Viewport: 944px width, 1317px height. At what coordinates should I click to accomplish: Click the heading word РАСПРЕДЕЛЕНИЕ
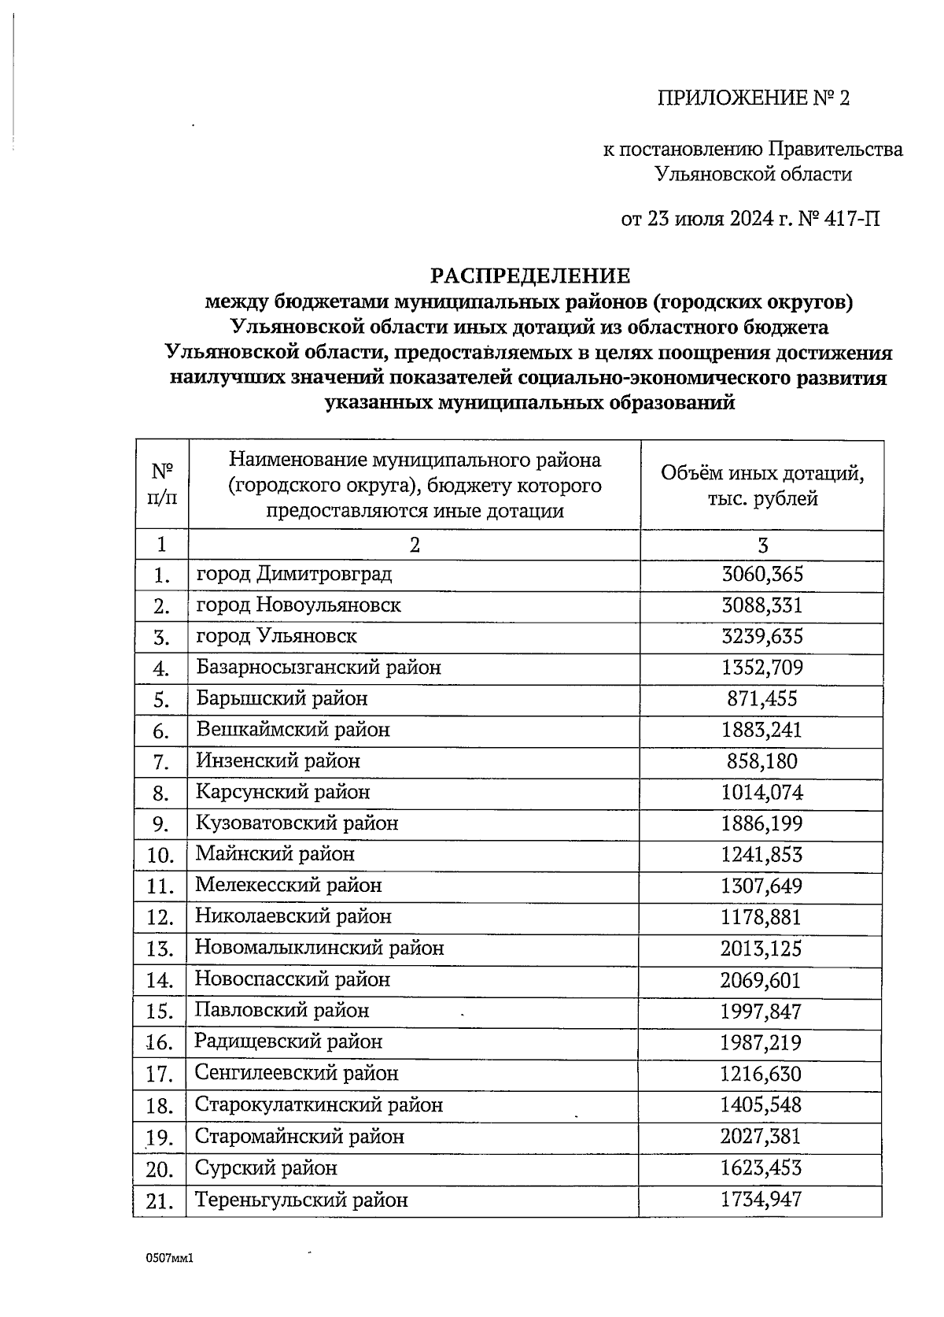(529, 276)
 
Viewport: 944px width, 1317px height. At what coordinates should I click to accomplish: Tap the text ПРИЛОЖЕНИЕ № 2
(754, 98)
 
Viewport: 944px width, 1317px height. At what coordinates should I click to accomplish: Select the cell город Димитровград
(293, 574)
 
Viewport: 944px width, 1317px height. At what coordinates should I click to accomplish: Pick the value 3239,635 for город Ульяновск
(761, 636)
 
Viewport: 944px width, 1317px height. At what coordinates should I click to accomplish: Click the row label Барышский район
(282, 698)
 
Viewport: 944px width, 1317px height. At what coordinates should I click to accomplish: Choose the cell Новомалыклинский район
(319, 948)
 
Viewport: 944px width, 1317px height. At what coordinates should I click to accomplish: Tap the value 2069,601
(761, 980)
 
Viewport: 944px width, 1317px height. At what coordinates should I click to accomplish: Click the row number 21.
(160, 1201)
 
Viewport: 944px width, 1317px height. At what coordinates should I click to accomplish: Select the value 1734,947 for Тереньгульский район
(761, 1200)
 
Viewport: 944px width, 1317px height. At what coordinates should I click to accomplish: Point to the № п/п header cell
(162, 484)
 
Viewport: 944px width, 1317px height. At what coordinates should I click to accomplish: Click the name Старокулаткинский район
(319, 1104)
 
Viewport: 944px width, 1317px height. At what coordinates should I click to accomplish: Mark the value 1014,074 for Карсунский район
(761, 792)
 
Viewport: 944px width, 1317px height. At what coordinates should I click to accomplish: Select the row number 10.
(160, 855)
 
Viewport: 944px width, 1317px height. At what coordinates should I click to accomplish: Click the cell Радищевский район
(288, 1041)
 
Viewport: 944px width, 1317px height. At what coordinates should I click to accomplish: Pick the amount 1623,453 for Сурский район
(761, 1168)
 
